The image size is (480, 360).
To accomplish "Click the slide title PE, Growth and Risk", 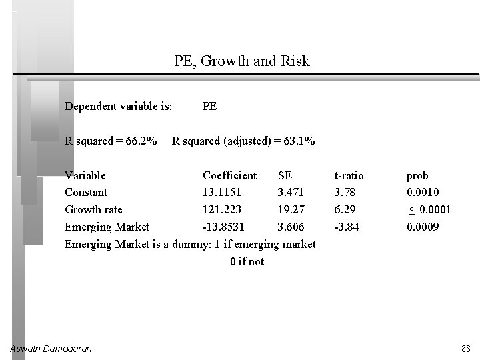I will coord(242,61).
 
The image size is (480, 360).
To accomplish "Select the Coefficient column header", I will coord(229,175).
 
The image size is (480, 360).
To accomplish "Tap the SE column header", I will coord(285,175).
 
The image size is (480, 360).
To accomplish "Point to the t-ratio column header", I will coord(349,175).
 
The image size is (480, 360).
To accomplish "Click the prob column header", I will coord(417,175).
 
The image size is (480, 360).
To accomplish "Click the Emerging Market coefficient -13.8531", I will coord(225,227).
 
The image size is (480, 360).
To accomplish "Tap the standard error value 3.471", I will coord(291,193).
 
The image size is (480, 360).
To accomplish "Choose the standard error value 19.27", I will coord(291,209).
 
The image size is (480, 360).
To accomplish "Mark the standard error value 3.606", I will coord(291,227).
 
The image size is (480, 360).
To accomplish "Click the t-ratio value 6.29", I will coord(345,209).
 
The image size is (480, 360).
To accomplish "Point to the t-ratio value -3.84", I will coord(347,227).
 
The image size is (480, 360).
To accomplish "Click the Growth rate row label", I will coord(93,209).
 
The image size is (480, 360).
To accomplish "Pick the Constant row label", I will coord(86,193).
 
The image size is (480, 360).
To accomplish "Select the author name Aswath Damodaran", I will coord(51,349).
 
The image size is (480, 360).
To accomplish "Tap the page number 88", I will coord(465,349).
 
